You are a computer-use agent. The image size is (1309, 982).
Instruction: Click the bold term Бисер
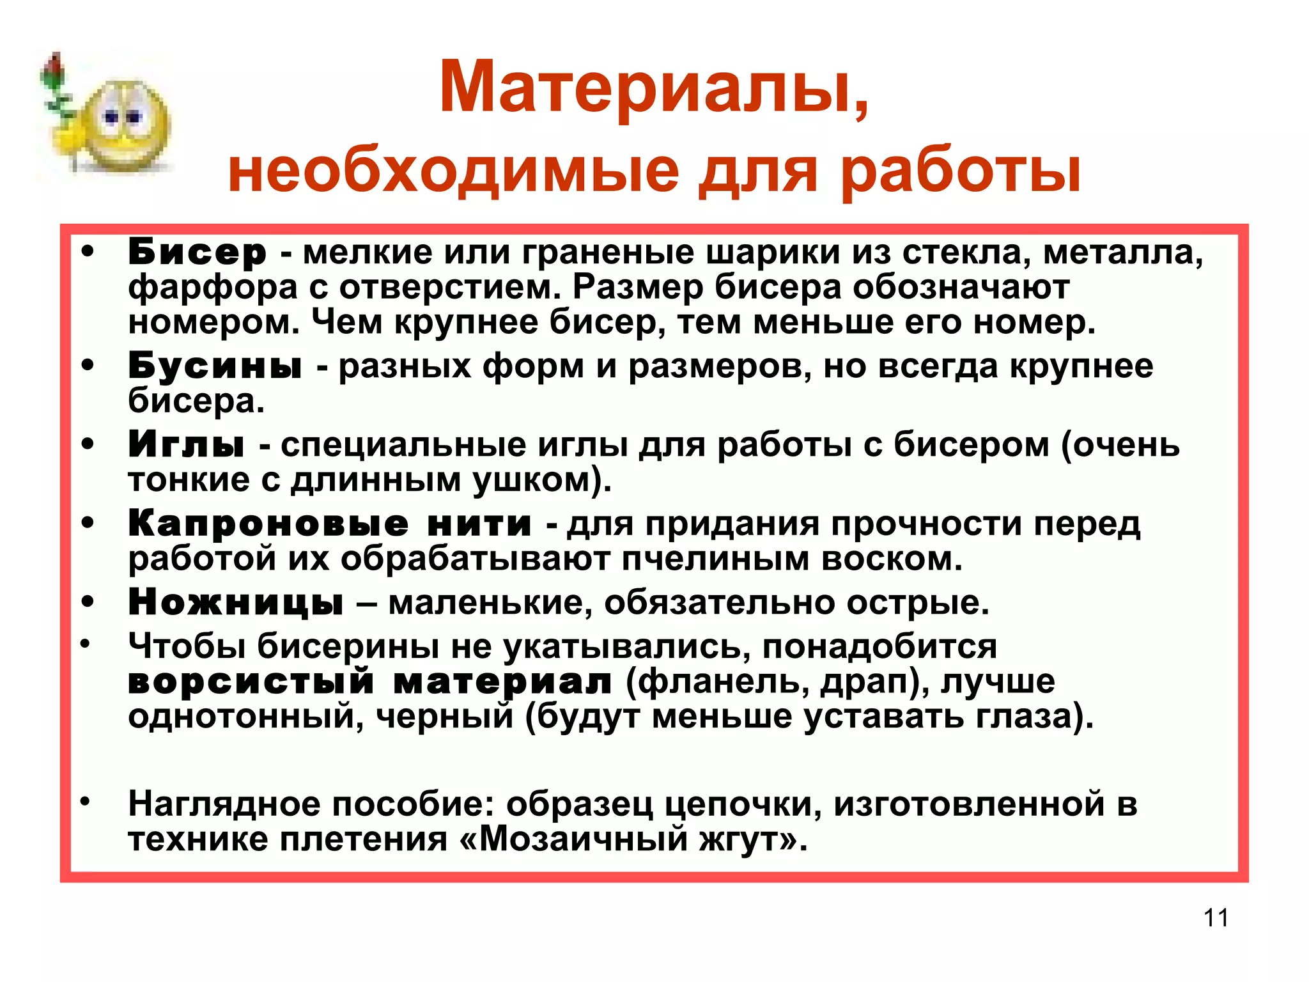coord(197,253)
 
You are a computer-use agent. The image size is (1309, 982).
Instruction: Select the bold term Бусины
coord(215,366)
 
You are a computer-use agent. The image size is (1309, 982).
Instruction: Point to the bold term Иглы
coord(186,444)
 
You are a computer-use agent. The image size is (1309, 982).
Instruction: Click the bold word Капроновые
coord(268,524)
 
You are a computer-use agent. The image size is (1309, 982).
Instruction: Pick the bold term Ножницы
coord(236,602)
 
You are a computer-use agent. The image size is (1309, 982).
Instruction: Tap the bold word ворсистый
coord(251,681)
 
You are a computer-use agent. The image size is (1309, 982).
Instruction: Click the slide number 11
coord(1216,917)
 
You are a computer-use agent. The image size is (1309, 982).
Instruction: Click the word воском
coord(892,559)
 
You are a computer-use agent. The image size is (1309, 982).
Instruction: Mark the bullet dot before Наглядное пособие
coord(86,801)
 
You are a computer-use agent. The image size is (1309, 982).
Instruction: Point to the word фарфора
coord(213,288)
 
